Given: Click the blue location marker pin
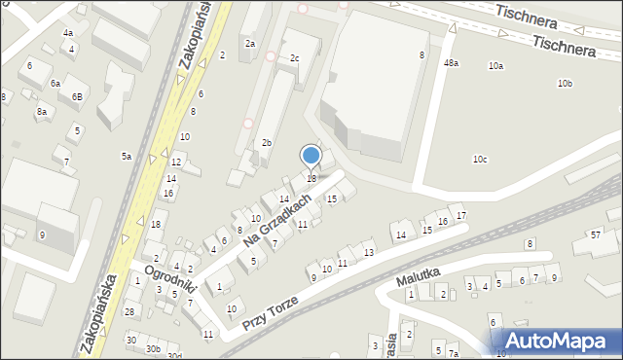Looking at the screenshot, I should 311,156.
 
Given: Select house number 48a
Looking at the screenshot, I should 451,63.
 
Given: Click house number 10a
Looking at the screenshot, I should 495,66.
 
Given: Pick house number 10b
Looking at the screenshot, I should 565,84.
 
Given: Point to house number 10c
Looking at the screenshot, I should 480,160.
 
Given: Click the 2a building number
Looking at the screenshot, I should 250,44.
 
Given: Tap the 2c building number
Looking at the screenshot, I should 294,58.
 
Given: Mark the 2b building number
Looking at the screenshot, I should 266,143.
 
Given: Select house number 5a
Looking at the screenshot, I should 127,157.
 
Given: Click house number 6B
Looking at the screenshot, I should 77,97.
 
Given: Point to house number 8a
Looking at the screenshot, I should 42,112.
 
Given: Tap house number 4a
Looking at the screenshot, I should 68,33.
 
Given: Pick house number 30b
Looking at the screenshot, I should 153,348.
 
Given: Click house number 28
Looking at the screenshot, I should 129,311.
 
